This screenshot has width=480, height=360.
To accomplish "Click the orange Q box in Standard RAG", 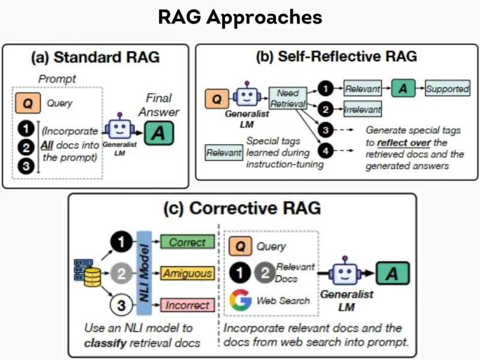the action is pos(28,103).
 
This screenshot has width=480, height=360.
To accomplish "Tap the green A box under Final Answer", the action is pos(159,133).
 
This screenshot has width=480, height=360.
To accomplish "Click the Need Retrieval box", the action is pos(288,98).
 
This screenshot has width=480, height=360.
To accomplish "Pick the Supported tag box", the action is pos(448,88).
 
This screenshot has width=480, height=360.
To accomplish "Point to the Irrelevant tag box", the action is pos(363,109).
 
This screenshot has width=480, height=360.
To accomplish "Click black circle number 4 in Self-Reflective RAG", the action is pos(325,151).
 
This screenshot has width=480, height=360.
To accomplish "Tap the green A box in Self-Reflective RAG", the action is pos(403,88).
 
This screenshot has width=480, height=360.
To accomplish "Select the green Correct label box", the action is pos(187,242).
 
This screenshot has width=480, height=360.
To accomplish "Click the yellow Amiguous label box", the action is pos(187,273).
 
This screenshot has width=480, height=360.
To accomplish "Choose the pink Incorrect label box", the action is pos(187,305).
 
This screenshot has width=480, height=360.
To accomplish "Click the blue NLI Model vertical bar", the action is pos(144,273).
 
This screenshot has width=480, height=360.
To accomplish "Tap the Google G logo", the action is pos(241,300).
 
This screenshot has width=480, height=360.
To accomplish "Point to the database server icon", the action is pos(88,273).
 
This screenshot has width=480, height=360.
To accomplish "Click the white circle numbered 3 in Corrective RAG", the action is pos(122,305).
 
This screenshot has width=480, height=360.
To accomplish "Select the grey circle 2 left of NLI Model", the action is pos(122,273).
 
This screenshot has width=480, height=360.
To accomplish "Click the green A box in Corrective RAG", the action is pos(392,273).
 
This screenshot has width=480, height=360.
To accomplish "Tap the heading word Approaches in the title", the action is pos(264,17).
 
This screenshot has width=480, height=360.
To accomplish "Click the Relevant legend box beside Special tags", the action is pos(224,152).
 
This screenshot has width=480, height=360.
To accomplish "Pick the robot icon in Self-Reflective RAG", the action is pos(247,95).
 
